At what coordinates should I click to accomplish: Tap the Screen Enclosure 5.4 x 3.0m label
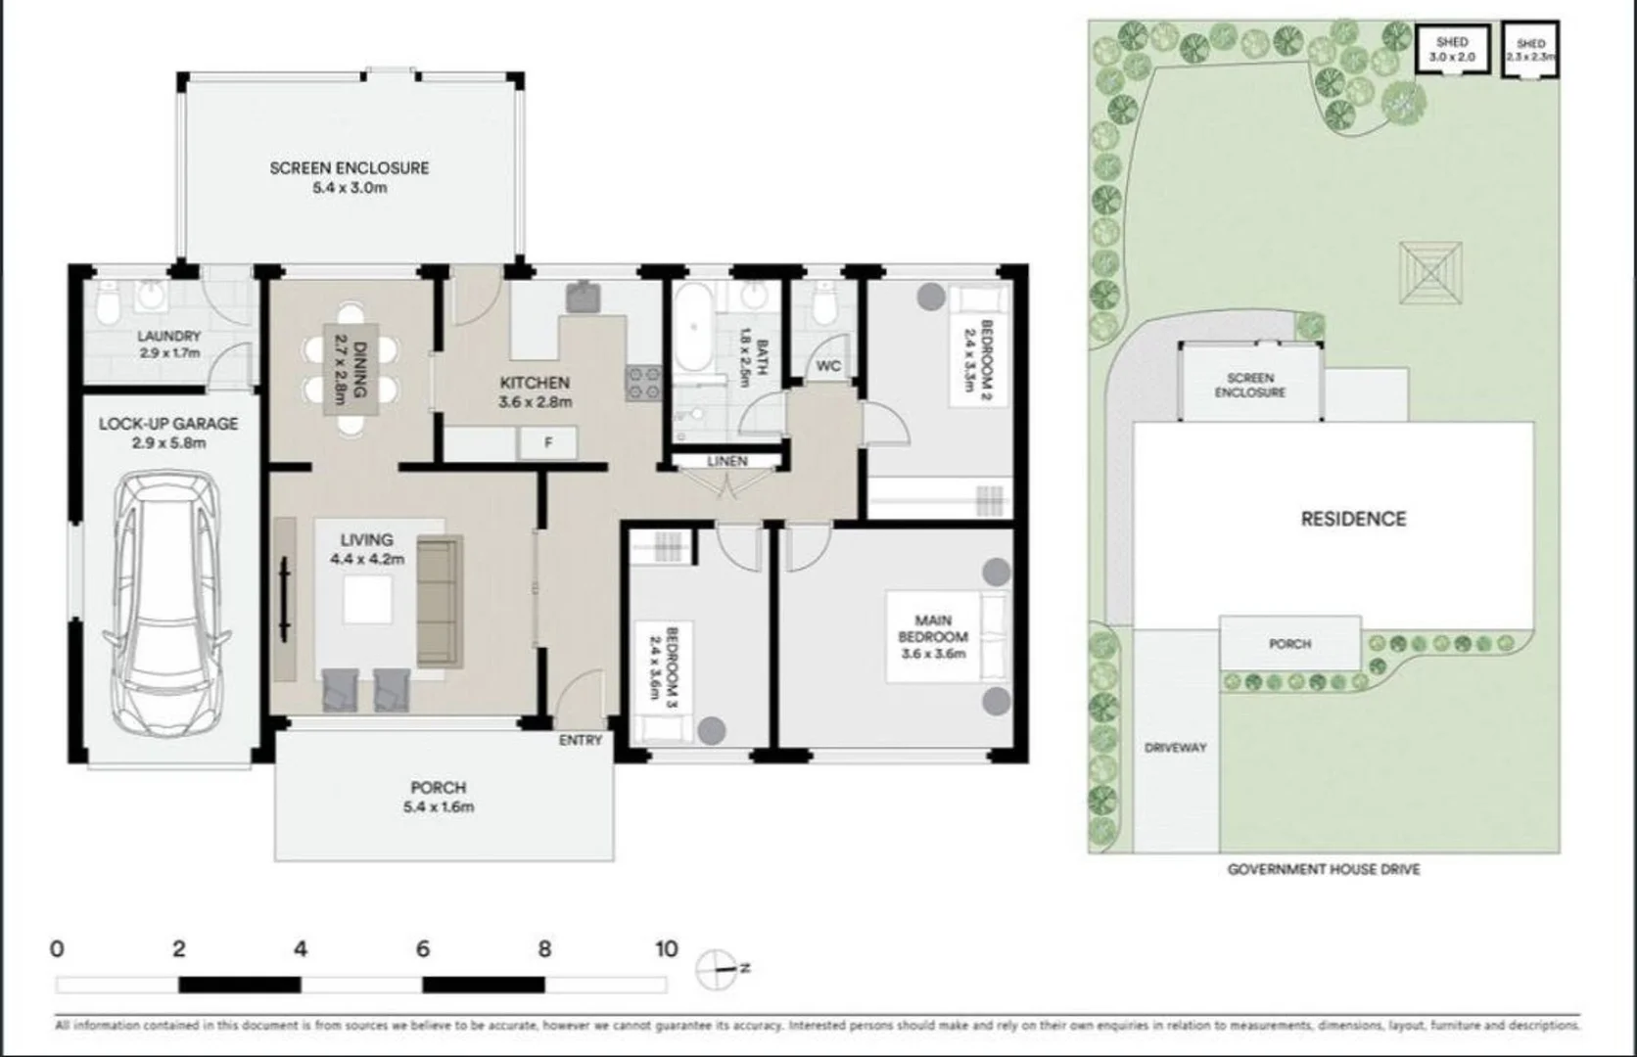coord(350,177)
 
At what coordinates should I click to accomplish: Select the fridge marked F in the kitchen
coord(548,442)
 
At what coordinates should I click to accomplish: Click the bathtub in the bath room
coord(693,328)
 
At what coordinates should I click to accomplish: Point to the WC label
coord(828,366)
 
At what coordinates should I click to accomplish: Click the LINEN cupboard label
coord(726,461)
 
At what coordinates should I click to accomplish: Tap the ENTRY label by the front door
coord(581,740)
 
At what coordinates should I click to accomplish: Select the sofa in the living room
coord(439,602)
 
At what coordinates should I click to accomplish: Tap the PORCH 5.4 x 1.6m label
coord(438,797)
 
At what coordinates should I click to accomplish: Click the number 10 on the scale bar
coord(666,948)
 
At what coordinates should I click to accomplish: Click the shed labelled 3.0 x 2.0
coord(1452,49)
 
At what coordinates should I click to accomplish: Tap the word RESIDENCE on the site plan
coord(1353,519)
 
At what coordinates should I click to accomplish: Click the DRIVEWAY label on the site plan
coord(1175,748)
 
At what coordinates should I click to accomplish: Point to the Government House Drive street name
coord(1323,869)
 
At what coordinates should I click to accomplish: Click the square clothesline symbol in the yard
coord(1430,273)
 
